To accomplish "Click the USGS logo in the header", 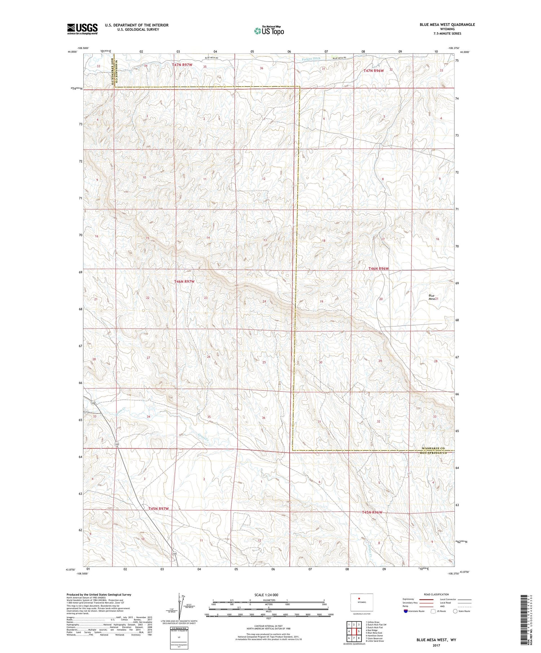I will [82, 29].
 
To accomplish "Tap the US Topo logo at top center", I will [269, 31].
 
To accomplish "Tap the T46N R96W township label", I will [378, 269].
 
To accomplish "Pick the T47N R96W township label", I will [373, 71].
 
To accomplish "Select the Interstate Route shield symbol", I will [406, 611].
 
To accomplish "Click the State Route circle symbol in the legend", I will [455, 611].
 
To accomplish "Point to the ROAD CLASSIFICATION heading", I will [436, 594].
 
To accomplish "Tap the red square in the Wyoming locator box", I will [359, 599].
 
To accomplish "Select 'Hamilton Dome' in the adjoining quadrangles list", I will [375, 635].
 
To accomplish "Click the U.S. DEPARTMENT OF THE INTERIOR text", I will [136, 25].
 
